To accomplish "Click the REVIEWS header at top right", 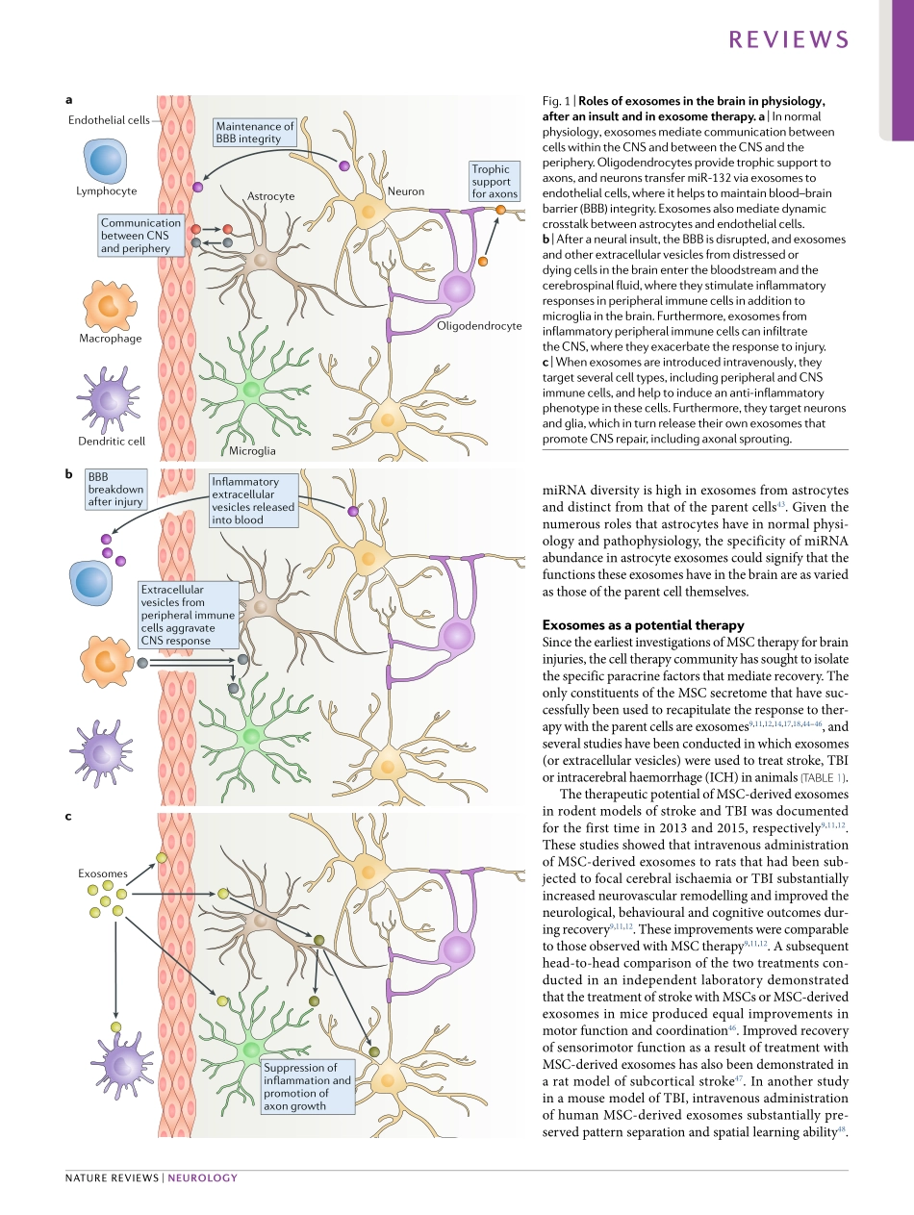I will point(789,39).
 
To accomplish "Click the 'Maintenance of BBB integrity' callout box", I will point(255,133).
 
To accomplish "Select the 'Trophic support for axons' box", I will point(495,182).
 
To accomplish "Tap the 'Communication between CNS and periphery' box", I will point(140,236).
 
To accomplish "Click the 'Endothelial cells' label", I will point(109,120).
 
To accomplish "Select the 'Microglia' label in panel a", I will point(252,450).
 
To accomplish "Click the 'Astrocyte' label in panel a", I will point(270,195).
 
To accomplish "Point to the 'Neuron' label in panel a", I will point(406,191).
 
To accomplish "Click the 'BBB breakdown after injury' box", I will point(114,490).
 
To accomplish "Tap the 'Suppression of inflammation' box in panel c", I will point(308,1087).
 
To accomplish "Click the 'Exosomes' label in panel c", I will point(102,873).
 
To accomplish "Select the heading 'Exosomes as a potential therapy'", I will point(643,625).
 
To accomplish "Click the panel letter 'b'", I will point(68,473).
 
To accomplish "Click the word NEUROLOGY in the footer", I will point(202,1177).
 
